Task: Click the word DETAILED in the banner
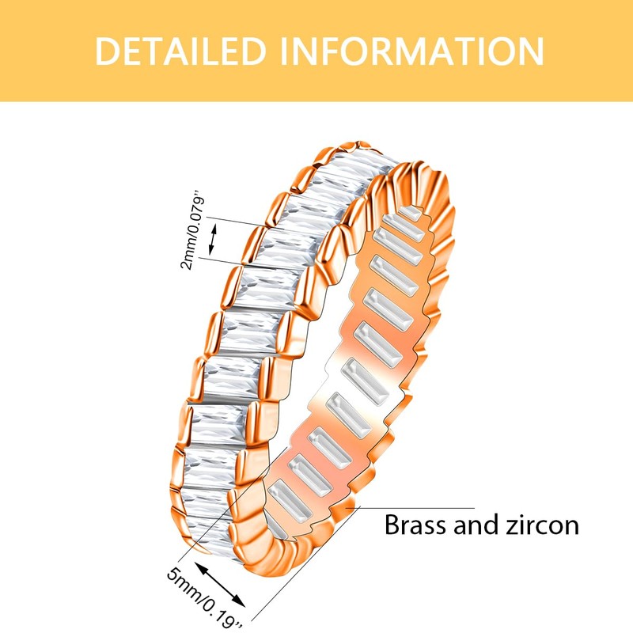tap(180, 51)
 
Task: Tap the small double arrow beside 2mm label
tap(212, 239)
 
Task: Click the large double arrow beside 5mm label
tap(220, 584)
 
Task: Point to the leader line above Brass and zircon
tap(418, 508)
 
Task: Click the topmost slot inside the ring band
tap(408, 213)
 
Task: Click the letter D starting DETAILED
tap(107, 51)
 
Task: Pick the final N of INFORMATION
tap(531, 51)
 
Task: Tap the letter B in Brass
tap(392, 525)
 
